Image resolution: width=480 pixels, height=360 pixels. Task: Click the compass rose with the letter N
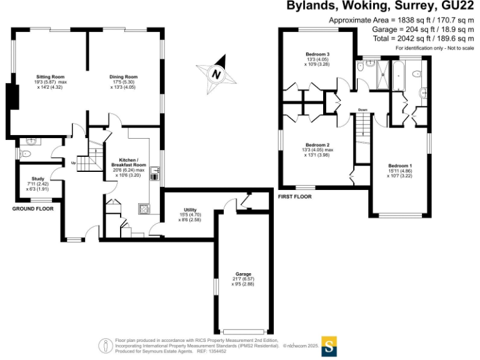pos(216,74)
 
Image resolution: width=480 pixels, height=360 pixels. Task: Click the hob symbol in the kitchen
pos(145,209)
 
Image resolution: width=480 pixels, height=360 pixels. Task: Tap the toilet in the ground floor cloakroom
pos(26,152)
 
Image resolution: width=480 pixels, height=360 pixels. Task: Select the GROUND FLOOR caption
pos(32,209)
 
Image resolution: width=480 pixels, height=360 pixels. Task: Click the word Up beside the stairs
pos(73,162)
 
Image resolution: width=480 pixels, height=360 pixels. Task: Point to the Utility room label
pos(191,213)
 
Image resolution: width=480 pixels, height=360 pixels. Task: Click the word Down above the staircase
pos(363,111)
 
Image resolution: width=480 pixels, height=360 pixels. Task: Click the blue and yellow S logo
pos(329,344)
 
